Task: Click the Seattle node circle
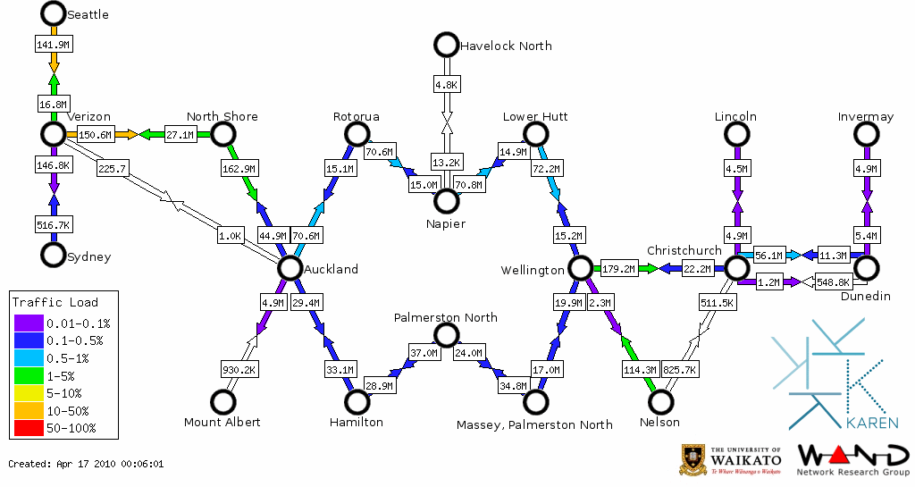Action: (53, 13)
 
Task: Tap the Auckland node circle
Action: (290, 268)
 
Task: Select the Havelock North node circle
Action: (445, 45)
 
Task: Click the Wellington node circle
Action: (580, 268)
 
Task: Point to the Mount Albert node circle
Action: (222, 402)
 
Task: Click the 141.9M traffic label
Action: (53, 44)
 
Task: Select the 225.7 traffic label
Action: (113, 167)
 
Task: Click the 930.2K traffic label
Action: (239, 369)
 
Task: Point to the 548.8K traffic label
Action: (833, 282)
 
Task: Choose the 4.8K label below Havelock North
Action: (446, 85)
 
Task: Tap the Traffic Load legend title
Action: (55, 302)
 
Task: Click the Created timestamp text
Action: (86, 464)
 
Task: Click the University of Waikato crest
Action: (693, 459)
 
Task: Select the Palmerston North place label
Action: (445, 317)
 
